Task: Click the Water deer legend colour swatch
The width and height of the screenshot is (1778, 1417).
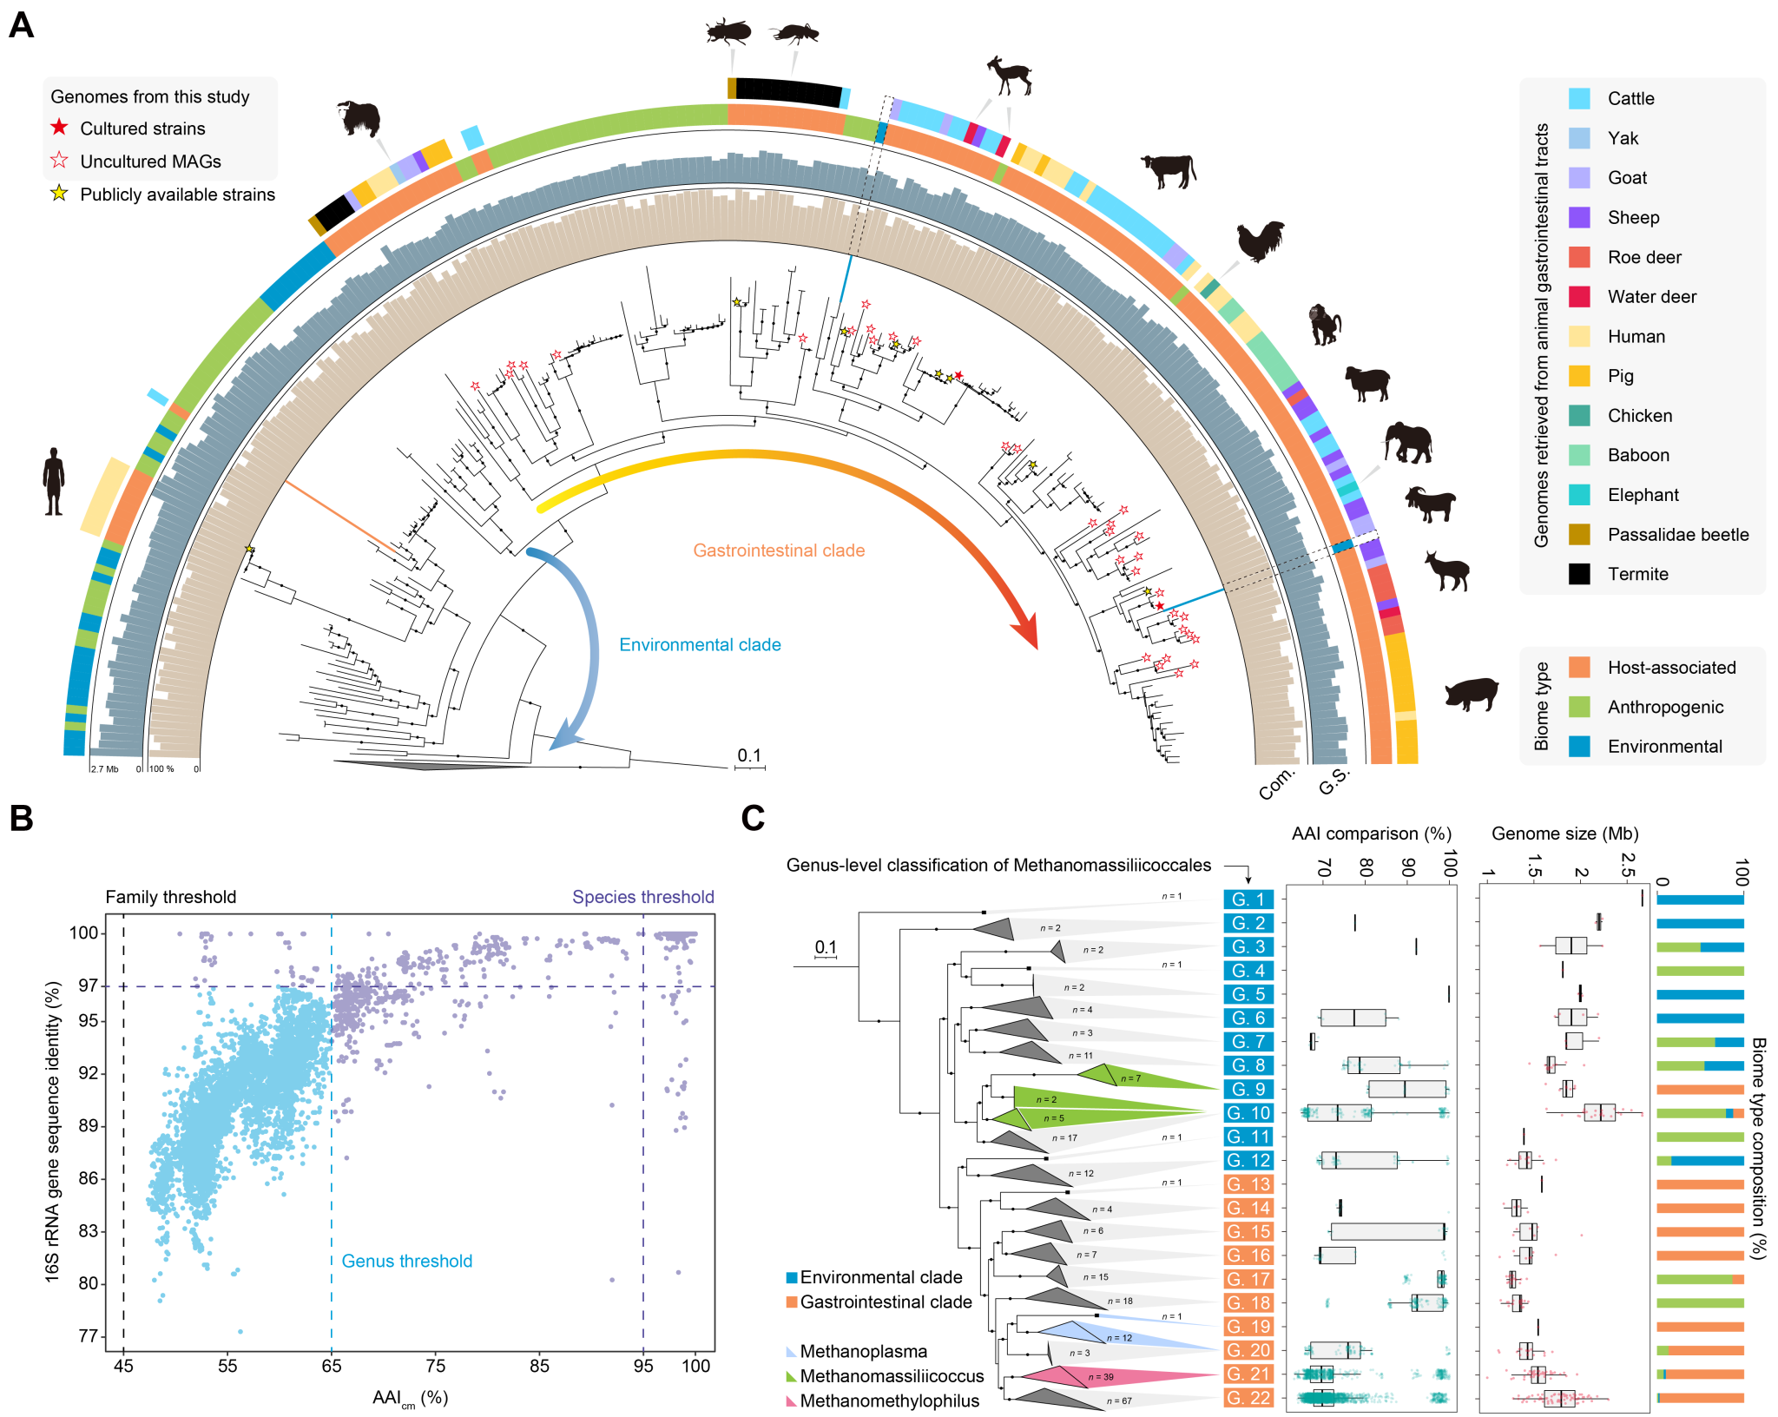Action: click(x=1579, y=297)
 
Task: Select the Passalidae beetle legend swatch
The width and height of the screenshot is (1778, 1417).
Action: click(x=1579, y=535)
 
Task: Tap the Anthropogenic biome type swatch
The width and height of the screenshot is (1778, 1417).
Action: click(x=1579, y=707)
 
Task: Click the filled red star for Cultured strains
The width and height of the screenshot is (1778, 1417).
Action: click(x=59, y=128)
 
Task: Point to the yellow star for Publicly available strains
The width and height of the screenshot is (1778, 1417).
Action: click(x=59, y=194)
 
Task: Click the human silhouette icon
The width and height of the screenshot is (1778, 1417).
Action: click(x=54, y=481)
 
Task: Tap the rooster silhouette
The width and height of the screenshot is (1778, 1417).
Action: click(x=1260, y=241)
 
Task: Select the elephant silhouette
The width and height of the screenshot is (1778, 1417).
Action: click(x=1407, y=443)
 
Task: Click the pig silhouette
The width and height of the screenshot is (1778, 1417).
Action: click(x=1472, y=693)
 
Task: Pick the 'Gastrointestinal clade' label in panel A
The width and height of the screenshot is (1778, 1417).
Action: click(x=779, y=550)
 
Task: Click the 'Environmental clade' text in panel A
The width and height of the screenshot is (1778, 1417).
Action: click(x=700, y=645)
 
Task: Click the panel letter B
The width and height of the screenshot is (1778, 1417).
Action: click(x=21, y=818)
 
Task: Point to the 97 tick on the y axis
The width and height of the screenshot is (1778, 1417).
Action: click(x=88, y=985)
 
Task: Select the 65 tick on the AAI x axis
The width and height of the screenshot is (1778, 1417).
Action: click(x=332, y=1366)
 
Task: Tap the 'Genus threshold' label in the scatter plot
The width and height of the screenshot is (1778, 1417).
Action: click(x=406, y=1261)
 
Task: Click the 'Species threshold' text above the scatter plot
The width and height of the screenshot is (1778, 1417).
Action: click(x=642, y=897)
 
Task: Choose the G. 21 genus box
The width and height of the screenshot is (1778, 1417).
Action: click(x=1248, y=1374)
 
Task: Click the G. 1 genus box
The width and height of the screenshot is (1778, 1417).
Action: click(x=1248, y=900)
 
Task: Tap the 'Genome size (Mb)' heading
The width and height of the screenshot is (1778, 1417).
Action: click(x=1564, y=834)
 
